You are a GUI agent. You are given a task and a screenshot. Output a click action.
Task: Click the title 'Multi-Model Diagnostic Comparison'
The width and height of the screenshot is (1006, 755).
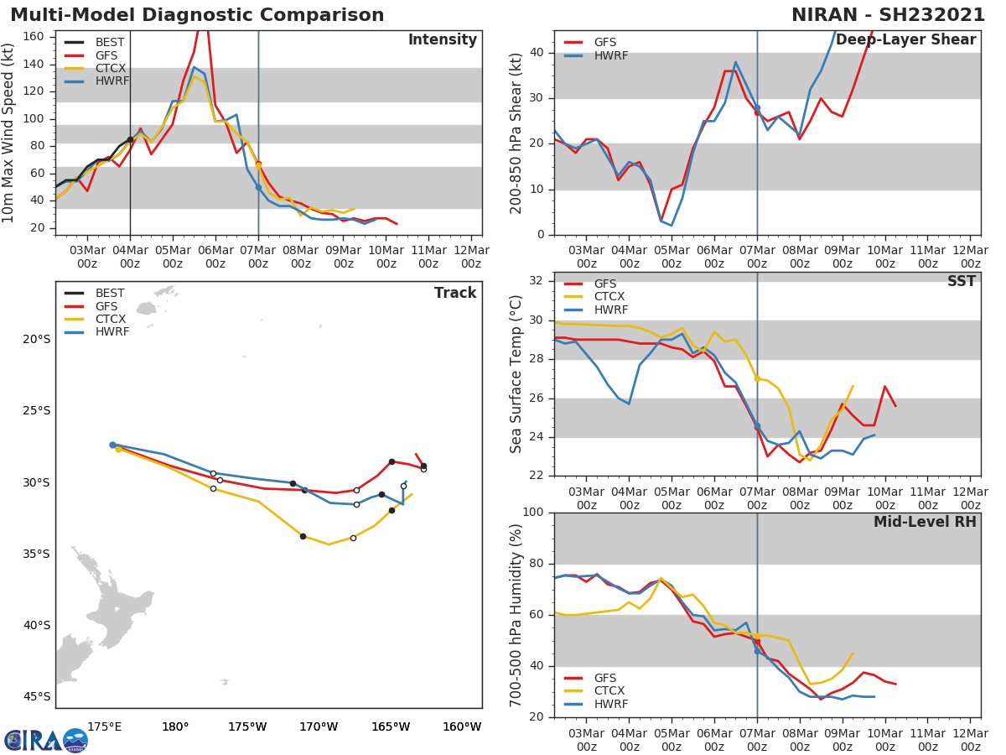point(197,15)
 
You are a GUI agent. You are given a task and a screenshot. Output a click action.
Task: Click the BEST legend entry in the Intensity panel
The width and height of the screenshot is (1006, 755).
point(110,42)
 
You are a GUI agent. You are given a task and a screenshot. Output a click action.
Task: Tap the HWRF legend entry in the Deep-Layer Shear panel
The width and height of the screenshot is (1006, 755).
point(609,55)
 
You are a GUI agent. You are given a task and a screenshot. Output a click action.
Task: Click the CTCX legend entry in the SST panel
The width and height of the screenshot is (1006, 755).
point(609,297)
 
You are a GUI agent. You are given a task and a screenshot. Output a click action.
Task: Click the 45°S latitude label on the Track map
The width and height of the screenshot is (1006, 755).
point(36,696)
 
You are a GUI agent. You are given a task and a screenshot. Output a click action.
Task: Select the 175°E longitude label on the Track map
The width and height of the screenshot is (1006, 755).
point(104,726)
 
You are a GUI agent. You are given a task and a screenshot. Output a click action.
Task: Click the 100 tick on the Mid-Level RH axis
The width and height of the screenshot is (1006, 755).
point(532,513)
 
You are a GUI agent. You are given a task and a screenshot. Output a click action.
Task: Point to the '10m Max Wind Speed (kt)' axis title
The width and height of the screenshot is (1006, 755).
point(9,133)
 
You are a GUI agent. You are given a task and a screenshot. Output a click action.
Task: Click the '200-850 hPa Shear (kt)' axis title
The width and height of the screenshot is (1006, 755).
point(517,133)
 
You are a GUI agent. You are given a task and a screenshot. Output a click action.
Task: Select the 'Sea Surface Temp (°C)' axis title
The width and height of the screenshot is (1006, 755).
point(517,374)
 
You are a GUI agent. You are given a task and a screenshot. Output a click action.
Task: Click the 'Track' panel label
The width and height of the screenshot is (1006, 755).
point(455,293)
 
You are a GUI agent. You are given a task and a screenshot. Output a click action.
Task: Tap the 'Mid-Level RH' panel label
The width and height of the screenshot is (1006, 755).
point(925,522)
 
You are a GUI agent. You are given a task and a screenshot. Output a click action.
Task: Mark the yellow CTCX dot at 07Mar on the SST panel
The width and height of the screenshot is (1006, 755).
point(757,378)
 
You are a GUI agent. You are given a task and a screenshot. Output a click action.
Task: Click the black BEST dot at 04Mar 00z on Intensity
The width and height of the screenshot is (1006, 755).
point(130,140)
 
